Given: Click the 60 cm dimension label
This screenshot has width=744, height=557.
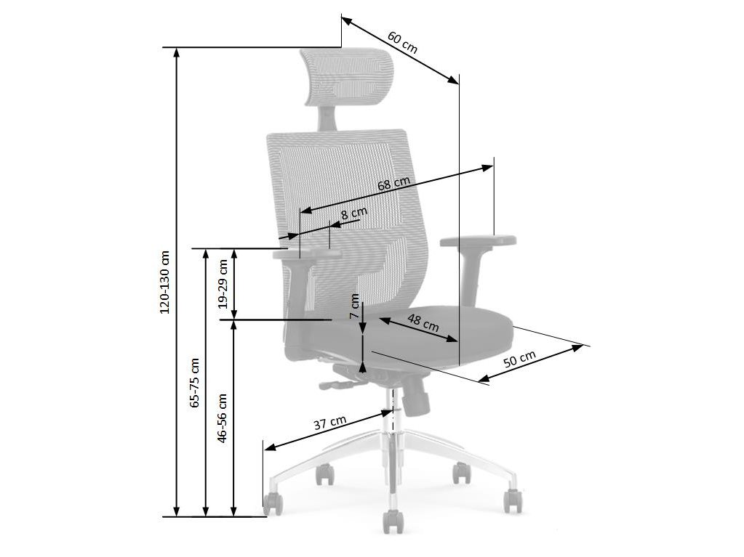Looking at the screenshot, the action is (402, 42).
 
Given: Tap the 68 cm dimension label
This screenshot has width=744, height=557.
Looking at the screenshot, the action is (393, 184).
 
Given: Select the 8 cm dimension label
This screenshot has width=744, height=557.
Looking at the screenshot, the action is (354, 213).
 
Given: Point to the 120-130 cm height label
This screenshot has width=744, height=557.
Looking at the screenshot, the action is (164, 282).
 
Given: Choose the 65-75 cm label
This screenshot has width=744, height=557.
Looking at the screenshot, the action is (194, 383).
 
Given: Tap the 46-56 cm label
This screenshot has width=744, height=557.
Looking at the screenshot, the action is (222, 418).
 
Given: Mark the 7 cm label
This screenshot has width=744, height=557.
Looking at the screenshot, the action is (354, 306).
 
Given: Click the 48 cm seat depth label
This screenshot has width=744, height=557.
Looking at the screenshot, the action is (423, 322).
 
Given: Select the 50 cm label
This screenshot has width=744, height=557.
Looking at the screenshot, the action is (519, 359).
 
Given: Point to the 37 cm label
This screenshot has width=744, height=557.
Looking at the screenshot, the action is (330, 422).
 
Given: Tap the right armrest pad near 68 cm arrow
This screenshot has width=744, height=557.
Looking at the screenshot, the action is (479, 240).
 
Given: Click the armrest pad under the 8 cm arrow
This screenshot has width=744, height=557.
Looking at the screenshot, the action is (307, 254).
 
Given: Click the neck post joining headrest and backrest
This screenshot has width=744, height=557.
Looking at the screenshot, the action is (326, 117).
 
